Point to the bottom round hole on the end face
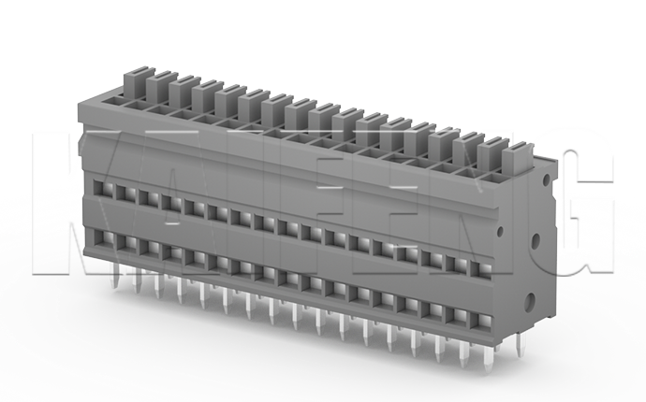coord(531,301)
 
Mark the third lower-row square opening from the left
coord(145,245)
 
